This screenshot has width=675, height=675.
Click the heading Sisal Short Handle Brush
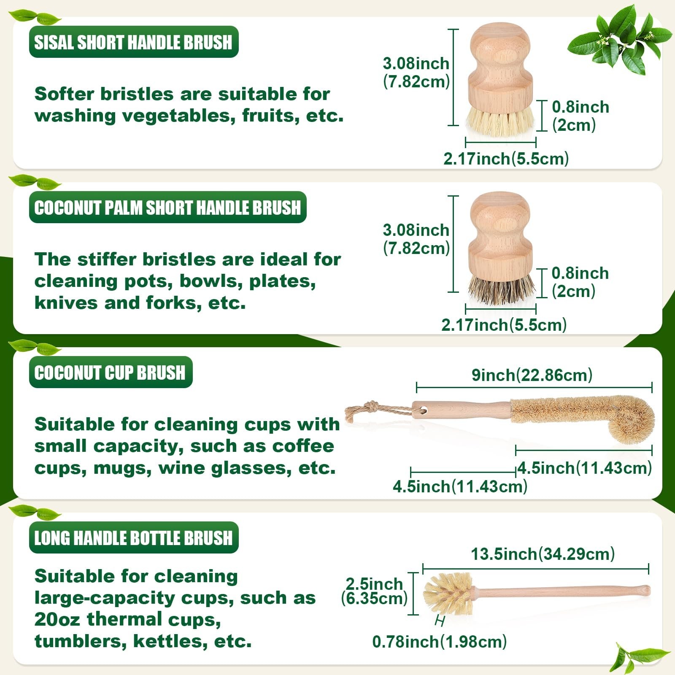(133, 42)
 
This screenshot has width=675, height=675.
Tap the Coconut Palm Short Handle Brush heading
(167, 208)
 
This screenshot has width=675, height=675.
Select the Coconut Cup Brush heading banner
(111, 373)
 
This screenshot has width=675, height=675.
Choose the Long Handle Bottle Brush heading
(133, 538)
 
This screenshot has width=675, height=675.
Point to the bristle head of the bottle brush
(449, 594)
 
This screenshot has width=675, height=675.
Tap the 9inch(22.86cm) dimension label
(532, 375)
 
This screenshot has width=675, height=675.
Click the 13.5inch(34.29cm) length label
(543, 554)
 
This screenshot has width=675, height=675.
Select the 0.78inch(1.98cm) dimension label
(440, 642)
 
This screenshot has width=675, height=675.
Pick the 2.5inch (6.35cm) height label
(374, 591)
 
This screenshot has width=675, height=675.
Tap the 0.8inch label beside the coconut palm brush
(580, 273)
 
